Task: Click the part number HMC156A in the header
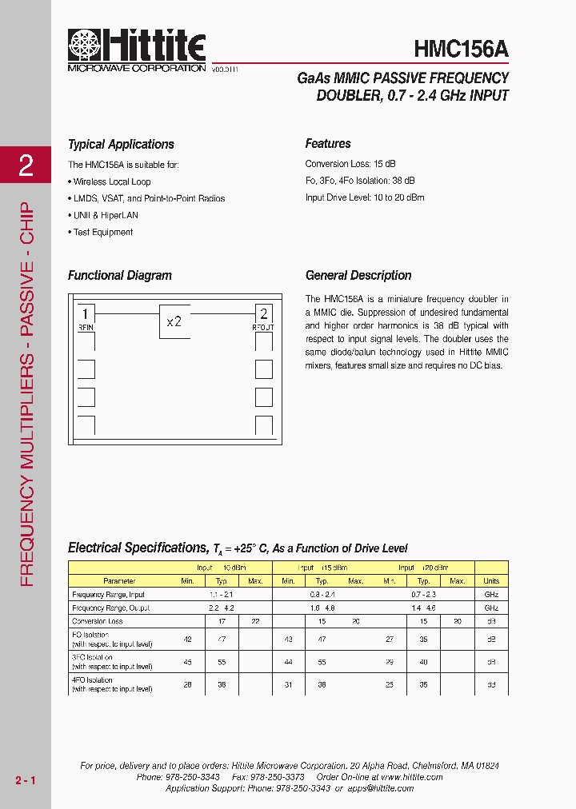coord(461,50)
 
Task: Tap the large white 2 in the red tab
coord(26,165)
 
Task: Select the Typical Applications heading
coord(121,145)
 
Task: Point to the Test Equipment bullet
coord(103,232)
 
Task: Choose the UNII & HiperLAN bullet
coord(105,215)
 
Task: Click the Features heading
coord(328,144)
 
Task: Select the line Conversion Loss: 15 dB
coord(349,164)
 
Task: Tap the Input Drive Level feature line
coord(365,197)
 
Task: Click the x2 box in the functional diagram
coord(174,321)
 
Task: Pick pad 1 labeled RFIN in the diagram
coord(86,315)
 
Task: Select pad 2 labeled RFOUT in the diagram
coord(264,315)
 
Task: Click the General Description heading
coord(358,276)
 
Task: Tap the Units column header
coord(491,581)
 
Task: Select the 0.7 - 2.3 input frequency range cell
coord(424,595)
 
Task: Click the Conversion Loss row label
coord(98,621)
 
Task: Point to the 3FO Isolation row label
coord(112,661)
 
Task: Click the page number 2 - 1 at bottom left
coord(25,779)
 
